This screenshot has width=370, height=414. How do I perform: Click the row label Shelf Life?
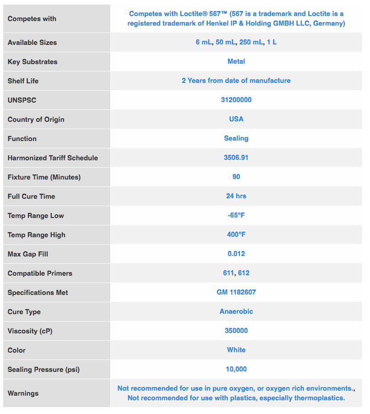[23, 81]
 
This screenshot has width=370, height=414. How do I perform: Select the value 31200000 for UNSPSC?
[236, 100]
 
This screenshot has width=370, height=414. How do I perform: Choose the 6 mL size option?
[204, 42]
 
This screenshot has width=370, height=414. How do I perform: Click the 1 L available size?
[272, 42]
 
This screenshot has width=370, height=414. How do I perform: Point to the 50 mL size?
[226, 42]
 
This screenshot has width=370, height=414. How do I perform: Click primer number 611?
[229, 273]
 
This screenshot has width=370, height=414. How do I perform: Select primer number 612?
[244, 273]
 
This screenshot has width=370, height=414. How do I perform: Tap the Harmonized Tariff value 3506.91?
[236, 158]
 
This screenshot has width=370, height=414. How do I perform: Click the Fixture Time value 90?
[236, 177]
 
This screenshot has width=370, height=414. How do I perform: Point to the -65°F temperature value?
[236, 215]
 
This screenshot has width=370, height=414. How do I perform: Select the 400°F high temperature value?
[236, 234]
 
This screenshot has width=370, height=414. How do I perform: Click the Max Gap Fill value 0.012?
[236, 254]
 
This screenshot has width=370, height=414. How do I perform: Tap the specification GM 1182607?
[236, 292]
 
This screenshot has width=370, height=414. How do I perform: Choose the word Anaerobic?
[236, 311]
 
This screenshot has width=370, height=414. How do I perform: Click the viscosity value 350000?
[236, 331]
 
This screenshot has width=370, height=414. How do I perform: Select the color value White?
[236, 350]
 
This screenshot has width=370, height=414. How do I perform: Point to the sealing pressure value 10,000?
[236, 369]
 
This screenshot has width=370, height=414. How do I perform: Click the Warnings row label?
[23, 393]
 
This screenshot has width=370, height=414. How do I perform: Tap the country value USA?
[236, 119]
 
